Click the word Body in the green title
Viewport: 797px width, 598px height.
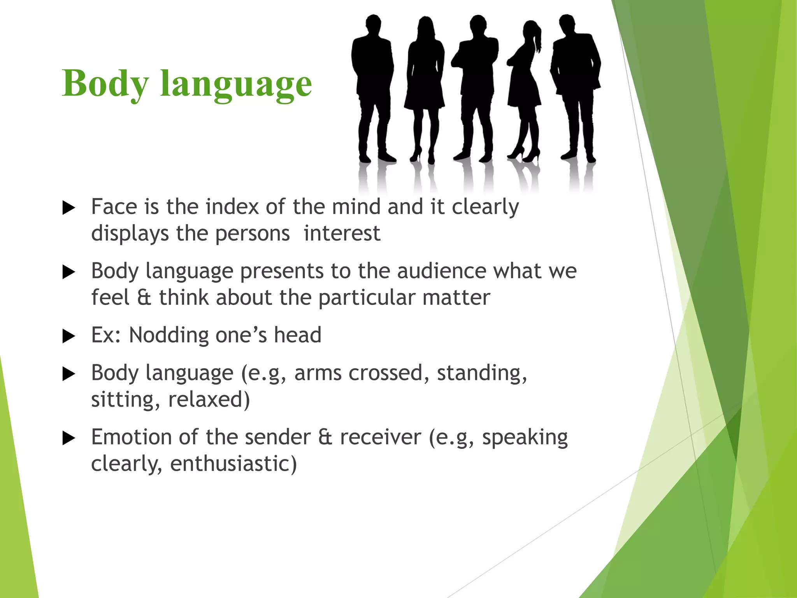105,84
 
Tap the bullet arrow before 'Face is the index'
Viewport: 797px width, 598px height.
68,208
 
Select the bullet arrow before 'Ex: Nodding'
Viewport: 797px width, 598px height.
68,336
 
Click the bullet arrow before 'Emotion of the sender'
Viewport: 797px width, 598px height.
68,438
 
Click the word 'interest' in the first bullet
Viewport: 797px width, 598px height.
342,233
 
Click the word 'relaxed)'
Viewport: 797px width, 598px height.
209,399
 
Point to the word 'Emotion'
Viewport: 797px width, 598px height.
131,437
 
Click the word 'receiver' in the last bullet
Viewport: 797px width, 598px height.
381,437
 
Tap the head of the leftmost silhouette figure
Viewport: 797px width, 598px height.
373,24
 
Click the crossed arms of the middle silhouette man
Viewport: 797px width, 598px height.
475,58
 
